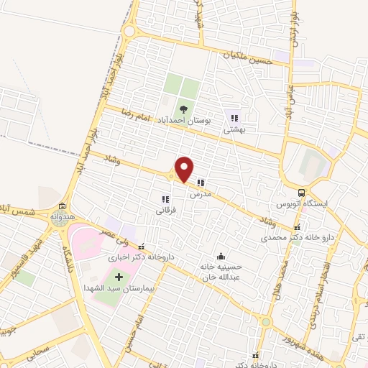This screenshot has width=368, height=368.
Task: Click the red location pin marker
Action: tap(184, 169)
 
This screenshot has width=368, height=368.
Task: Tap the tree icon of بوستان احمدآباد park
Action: tap(183, 110)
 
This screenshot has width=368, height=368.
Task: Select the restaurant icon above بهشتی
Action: tap(234, 118)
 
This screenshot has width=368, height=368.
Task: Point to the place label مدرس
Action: tap(199, 195)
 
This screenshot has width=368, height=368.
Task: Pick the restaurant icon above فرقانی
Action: tap(165, 199)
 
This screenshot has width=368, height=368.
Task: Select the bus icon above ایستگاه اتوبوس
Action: tap(301, 193)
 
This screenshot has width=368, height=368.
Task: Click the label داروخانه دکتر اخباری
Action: tap(134, 257)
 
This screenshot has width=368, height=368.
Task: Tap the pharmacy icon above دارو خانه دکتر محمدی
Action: tap(296, 228)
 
